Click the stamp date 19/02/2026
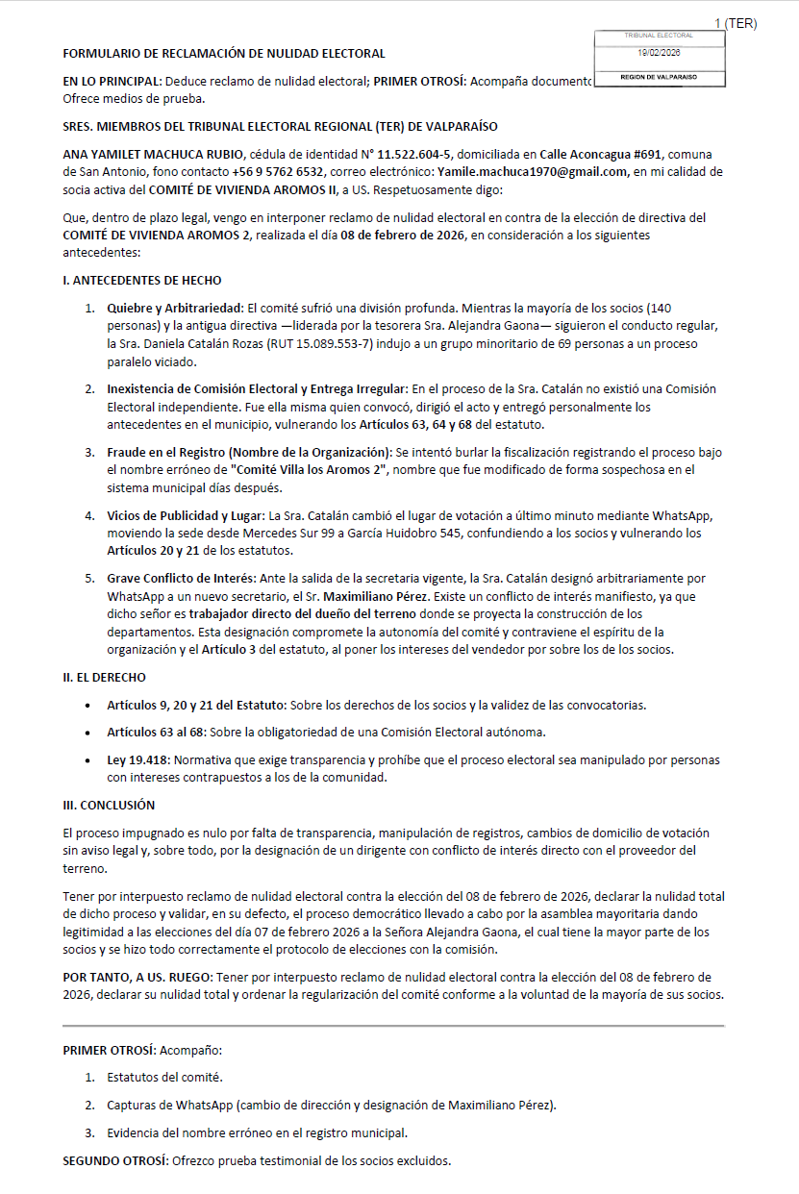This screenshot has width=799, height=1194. click(x=659, y=54)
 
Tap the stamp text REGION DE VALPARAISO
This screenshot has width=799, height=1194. click(x=659, y=76)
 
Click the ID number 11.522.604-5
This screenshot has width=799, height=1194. click(x=412, y=154)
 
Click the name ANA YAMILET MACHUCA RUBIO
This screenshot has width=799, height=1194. click(x=154, y=154)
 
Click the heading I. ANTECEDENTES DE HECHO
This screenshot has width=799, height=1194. click(x=141, y=281)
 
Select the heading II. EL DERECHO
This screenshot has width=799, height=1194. click(x=105, y=677)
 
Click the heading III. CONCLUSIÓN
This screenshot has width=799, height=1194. click(x=109, y=805)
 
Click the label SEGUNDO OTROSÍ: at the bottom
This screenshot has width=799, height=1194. click(x=115, y=1161)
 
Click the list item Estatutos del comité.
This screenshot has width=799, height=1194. click(x=164, y=1078)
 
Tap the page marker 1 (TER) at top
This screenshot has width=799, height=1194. click(x=736, y=23)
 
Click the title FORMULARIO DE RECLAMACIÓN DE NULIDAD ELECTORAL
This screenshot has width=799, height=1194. click(x=224, y=54)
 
